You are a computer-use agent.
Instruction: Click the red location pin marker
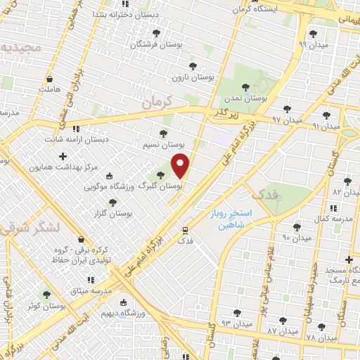pyautogui.click(x=181, y=166)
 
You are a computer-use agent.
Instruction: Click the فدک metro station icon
pyautogui.click(x=185, y=229)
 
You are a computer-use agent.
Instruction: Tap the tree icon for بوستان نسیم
pyautogui.click(x=164, y=133)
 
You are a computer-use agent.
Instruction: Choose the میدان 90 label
pyautogui.click(x=296, y=238)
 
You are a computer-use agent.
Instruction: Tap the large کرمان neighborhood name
pyautogui.click(x=155, y=103)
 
